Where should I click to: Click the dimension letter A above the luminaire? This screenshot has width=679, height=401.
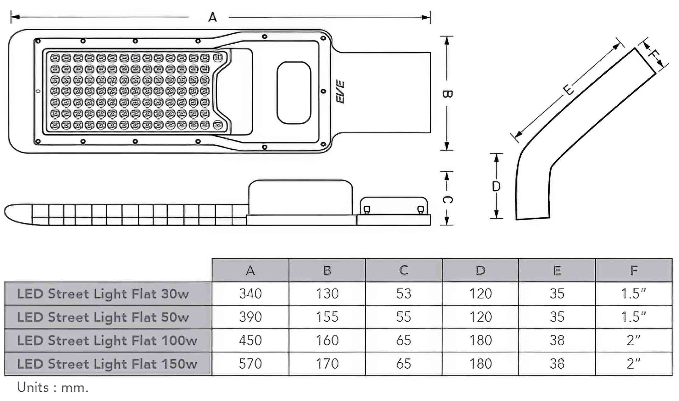click(x=212, y=17)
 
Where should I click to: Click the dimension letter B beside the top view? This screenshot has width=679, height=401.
click(x=447, y=94)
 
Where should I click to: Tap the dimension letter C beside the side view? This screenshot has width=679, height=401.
click(x=447, y=199)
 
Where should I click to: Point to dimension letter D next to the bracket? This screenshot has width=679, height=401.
click(x=496, y=187)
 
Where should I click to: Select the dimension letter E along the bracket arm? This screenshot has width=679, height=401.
click(x=568, y=90)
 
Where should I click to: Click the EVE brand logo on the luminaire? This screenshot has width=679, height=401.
click(x=340, y=92)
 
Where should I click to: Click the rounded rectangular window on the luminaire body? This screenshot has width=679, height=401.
click(x=294, y=92)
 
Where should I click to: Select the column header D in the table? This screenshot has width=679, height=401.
click(x=480, y=270)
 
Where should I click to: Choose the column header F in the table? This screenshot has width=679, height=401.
click(x=634, y=270)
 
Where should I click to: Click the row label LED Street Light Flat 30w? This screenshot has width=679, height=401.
click(x=103, y=294)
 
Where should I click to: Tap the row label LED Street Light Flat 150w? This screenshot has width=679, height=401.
click(x=107, y=364)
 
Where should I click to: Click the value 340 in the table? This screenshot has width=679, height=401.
click(x=250, y=294)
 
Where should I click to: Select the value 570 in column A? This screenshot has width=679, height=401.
click(x=250, y=364)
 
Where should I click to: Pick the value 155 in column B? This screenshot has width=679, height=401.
click(x=327, y=317)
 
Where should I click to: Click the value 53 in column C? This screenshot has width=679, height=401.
click(x=404, y=294)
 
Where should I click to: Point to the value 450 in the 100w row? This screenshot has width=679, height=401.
click(x=250, y=340)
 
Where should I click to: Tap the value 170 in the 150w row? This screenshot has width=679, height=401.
click(x=327, y=364)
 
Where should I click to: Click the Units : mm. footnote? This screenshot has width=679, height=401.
click(x=53, y=387)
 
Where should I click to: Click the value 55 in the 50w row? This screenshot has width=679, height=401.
click(x=404, y=317)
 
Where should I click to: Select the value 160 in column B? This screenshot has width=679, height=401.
click(x=327, y=340)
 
